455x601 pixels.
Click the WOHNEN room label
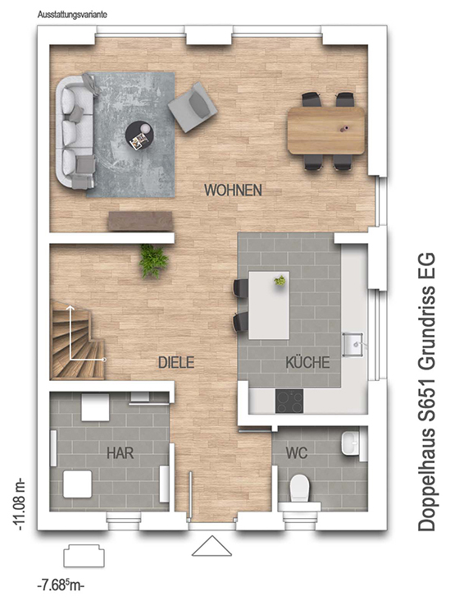[233, 190]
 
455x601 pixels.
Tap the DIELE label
[176, 362]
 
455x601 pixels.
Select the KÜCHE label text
[307, 362]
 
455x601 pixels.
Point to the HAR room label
[121, 453]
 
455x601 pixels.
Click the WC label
[297, 453]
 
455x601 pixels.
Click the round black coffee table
[140, 136]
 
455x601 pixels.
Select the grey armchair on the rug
[193, 107]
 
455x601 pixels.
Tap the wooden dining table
[326, 131]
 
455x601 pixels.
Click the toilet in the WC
[299, 490]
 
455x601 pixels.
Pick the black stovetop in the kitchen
[289, 401]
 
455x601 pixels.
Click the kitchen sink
[353, 344]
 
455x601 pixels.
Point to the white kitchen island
[269, 305]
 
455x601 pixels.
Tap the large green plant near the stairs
[153, 260]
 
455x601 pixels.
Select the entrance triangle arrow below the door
[212, 546]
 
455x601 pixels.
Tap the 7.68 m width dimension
[61, 585]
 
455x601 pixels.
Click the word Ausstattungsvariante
[72, 15]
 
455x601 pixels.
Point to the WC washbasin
[350, 443]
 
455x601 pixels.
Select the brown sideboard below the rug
[139, 221]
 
